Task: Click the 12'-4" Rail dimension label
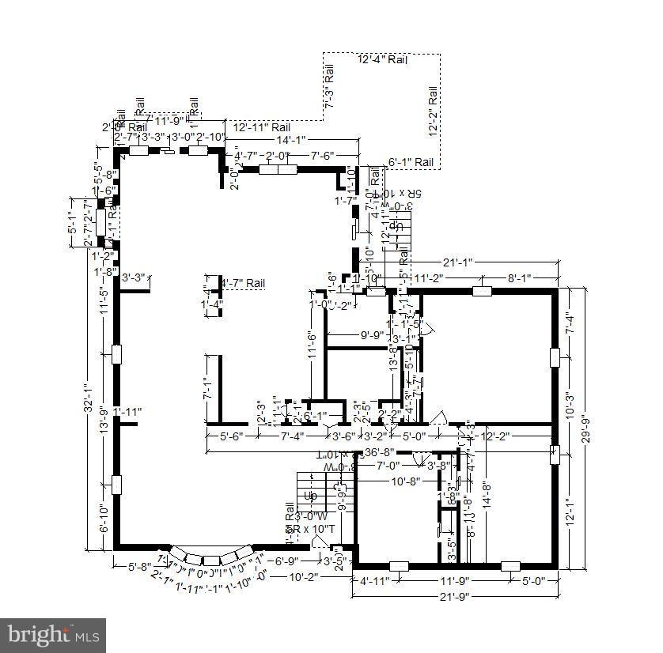[x=382, y=60]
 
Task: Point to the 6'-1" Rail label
[x=411, y=162]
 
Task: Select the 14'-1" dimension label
[x=291, y=141]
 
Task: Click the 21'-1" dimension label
[x=458, y=262]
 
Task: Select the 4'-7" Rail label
[x=243, y=283]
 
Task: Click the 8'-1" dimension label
[x=518, y=278]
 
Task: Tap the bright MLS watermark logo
[x=53, y=634]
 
